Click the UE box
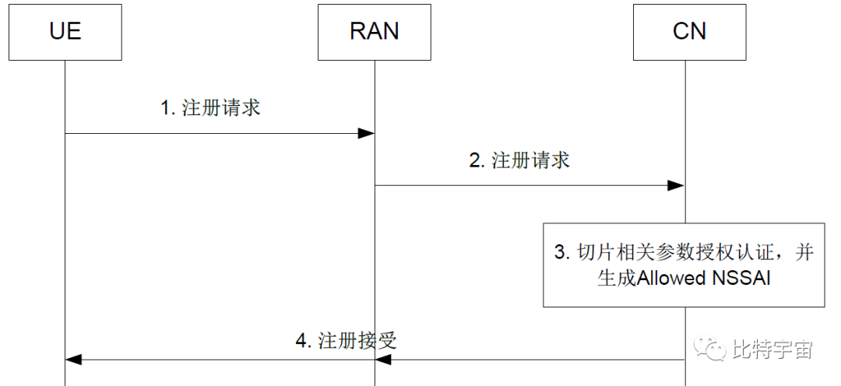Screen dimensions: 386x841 click(65, 30)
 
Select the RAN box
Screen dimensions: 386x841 click(375, 30)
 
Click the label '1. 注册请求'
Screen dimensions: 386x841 click(210, 108)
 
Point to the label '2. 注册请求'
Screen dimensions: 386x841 click(519, 160)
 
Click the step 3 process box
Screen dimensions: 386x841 click(684, 264)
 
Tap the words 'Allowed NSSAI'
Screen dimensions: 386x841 click(704, 278)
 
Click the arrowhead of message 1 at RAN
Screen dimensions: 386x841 click(366, 134)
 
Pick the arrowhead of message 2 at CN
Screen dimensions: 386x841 click(676, 185)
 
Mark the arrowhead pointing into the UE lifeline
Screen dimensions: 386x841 click(74, 360)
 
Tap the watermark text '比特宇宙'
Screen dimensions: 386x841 click(772, 350)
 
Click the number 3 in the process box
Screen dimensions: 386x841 click(558, 253)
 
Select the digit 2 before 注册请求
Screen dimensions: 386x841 click(474, 160)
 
